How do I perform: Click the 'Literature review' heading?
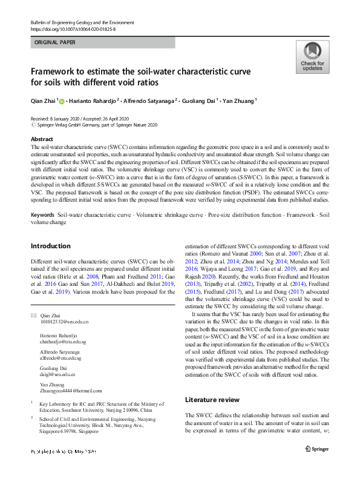coord(212,400)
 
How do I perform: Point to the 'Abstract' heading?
coord(42,139)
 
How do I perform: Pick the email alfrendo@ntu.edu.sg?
coord(62,358)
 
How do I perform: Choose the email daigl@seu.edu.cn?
coord(57,375)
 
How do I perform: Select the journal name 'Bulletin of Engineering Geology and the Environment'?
coord(82,22)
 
